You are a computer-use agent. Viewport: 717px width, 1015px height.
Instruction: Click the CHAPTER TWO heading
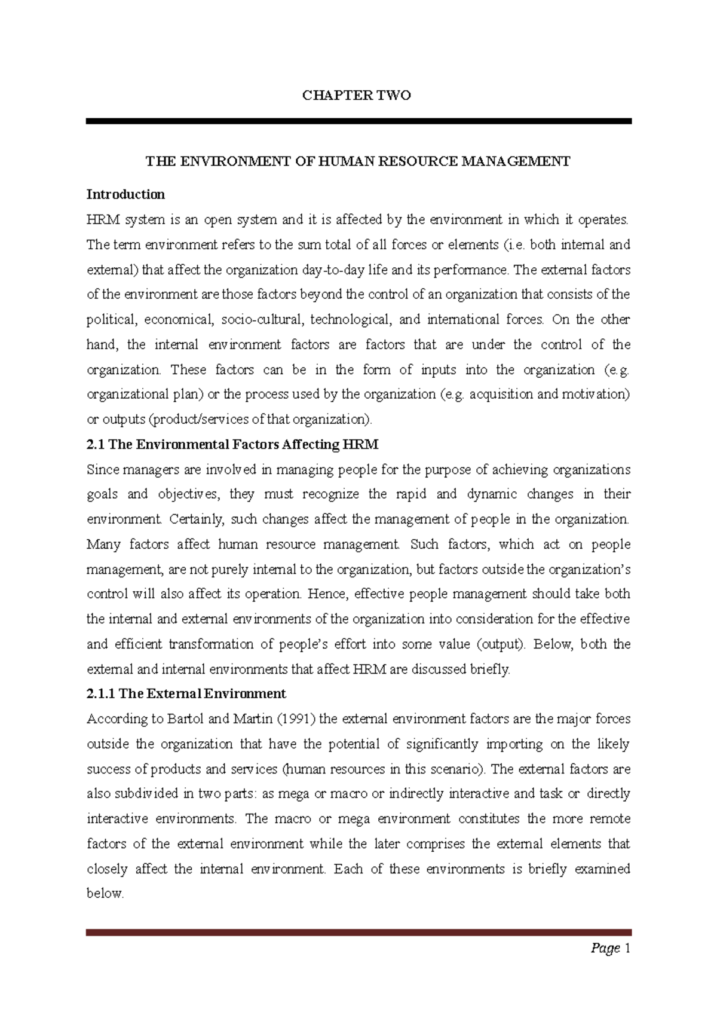click(357, 96)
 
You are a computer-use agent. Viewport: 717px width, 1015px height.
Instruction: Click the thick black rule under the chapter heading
click(358, 121)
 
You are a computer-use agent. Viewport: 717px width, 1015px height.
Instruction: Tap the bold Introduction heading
click(125, 194)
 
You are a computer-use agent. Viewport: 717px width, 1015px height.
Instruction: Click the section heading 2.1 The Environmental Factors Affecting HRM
click(232, 445)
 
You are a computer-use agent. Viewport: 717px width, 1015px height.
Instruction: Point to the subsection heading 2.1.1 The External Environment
click(186, 694)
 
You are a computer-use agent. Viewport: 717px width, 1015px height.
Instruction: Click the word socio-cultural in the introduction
click(263, 320)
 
